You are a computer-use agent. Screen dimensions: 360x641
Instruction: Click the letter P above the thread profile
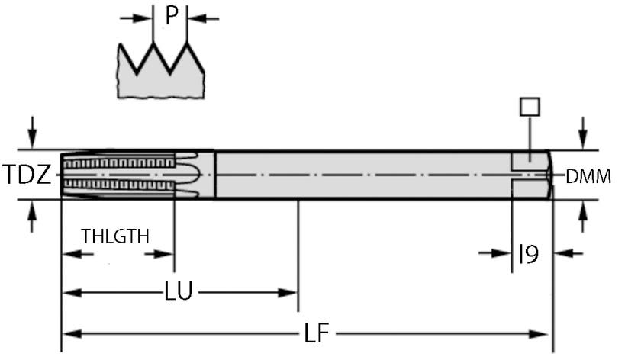click(x=171, y=17)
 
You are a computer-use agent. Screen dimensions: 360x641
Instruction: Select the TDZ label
click(x=26, y=176)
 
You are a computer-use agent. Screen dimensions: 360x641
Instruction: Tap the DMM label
click(x=588, y=177)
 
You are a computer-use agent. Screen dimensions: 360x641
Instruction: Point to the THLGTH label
click(x=116, y=236)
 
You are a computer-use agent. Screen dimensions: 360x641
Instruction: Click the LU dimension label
click(x=179, y=291)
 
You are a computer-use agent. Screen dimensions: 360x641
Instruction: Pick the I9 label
click(x=528, y=253)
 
